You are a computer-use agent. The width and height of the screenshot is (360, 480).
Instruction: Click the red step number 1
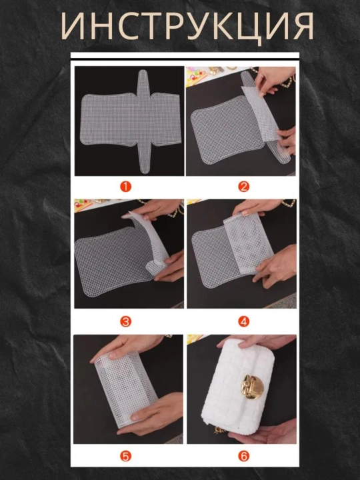point(125,187)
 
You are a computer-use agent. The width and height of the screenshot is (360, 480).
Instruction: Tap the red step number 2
point(244,187)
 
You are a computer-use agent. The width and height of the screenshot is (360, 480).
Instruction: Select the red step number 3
point(125,321)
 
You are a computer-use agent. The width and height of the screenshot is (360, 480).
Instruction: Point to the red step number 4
point(244,321)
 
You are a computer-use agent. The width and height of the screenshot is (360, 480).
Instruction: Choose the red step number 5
point(125,456)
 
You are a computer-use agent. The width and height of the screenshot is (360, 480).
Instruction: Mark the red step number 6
point(244,456)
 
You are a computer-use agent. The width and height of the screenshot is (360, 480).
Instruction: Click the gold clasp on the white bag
point(252,387)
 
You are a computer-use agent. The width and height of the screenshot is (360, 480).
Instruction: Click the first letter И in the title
point(73,26)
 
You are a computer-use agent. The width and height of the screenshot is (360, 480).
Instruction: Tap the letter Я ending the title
point(303,26)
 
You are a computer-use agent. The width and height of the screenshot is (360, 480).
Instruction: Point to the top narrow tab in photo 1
point(143,82)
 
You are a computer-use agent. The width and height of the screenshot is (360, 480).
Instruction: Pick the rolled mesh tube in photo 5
point(126,389)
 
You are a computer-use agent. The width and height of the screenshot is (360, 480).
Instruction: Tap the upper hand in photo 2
point(273,80)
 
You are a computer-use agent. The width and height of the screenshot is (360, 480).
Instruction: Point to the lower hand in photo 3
point(170,267)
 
